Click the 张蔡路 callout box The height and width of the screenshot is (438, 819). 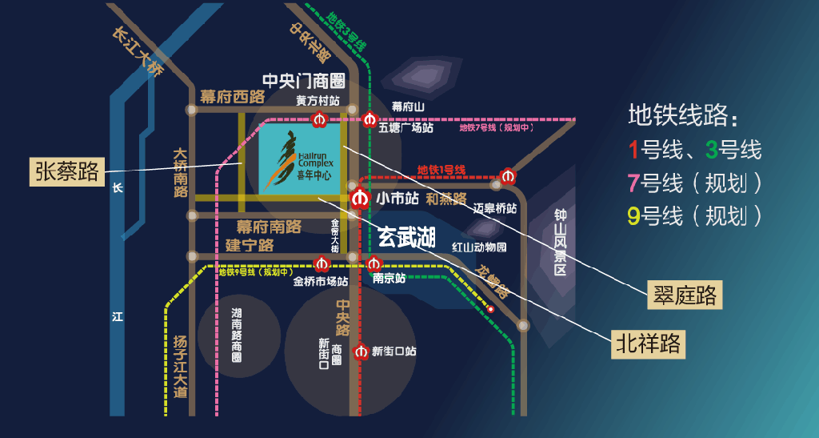pos(67,171)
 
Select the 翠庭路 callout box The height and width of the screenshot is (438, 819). pos(684,295)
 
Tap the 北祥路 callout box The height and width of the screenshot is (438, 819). pos(648,344)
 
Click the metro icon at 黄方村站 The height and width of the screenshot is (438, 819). pos(319,121)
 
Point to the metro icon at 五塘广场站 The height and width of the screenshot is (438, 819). pos(369,120)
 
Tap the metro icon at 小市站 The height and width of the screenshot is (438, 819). pos(360,197)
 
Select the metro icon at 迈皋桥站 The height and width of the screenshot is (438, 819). pos(507,176)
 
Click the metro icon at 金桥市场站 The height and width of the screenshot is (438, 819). pos(322,263)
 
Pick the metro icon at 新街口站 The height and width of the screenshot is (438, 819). pos(361,351)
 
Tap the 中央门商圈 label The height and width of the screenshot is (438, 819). pos(303,81)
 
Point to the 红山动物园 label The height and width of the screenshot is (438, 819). pos(479,247)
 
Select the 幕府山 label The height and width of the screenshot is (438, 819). pos(408,106)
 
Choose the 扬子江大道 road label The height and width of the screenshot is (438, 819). pos(180,365)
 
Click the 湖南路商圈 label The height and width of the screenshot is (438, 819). pos(237,335)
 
